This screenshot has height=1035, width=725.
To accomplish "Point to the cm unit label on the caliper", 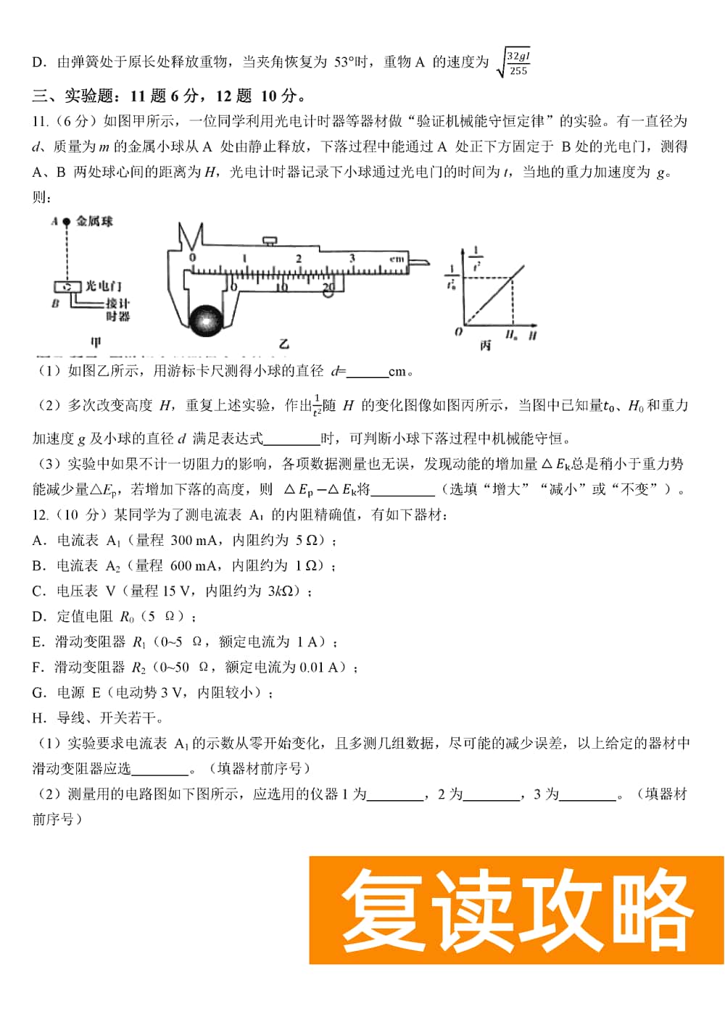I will pyautogui.click(x=397, y=259).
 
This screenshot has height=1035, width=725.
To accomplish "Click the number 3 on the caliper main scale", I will pyautogui.click(x=352, y=258).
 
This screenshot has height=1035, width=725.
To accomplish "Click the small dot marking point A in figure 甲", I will pyautogui.click(x=66, y=222).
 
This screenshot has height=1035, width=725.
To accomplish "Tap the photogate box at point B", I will pyautogui.click(x=67, y=287).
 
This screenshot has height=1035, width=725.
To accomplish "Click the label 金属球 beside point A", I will pyautogui.click(x=94, y=222).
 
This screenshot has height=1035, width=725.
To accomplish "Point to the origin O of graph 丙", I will pyautogui.click(x=458, y=332).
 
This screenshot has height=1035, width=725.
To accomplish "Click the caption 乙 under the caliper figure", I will pyautogui.click(x=283, y=344).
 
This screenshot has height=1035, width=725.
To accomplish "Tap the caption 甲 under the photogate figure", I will pyautogui.click(x=95, y=342).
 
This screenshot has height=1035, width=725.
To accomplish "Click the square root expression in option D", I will pyautogui.click(x=513, y=63).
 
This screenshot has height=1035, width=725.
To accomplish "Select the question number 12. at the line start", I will pyautogui.click(x=41, y=515).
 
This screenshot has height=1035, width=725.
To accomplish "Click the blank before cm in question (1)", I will pyautogui.click(x=367, y=373).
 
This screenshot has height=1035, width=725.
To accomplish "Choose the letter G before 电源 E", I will pyautogui.click(x=38, y=693).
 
